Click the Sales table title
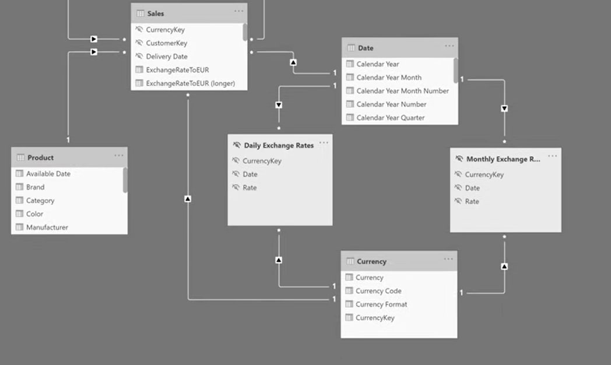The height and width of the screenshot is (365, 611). click(x=156, y=13)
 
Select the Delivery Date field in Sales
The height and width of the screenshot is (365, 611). click(x=167, y=57)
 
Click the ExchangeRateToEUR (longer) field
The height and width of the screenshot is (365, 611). click(x=190, y=83)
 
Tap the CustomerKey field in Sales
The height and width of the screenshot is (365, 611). click(x=166, y=43)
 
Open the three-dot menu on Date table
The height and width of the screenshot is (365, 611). click(x=449, y=46)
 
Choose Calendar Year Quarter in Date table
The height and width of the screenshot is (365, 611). click(x=390, y=118)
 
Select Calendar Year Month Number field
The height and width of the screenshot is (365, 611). click(x=402, y=91)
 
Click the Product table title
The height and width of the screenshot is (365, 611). click(x=40, y=157)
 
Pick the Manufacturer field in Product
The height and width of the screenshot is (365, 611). click(x=47, y=227)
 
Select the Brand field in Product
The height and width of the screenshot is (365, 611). click(x=35, y=187)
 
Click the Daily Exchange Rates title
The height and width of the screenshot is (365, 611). click(x=278, y=145)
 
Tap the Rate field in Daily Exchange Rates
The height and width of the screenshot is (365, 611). click(x=250, y=188)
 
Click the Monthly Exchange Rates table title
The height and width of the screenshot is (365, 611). click(x=503, y=159)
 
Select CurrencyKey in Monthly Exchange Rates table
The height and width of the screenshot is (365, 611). click(x=484, y=174)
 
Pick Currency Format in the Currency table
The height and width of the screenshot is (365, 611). click(x=381, y=304)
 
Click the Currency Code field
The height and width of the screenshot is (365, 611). click(x=378, y=291)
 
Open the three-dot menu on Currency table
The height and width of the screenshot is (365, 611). click(x=448, y=259)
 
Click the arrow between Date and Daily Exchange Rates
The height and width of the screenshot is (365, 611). click(x=279, y=105)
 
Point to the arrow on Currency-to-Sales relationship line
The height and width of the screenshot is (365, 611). click(x=188, y=199)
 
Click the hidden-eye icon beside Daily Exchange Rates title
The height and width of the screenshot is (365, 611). click(x=237, y=145)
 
